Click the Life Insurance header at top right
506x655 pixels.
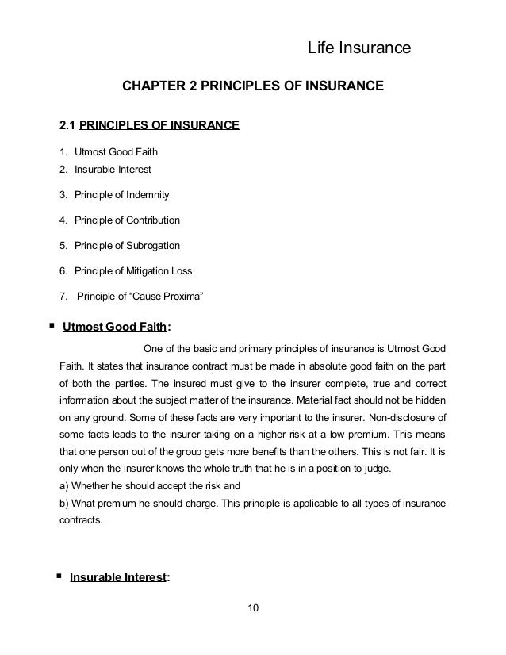(x=358, y=50)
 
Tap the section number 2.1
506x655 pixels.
(x=69, y=125)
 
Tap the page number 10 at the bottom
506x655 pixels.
(x=253, y=608)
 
